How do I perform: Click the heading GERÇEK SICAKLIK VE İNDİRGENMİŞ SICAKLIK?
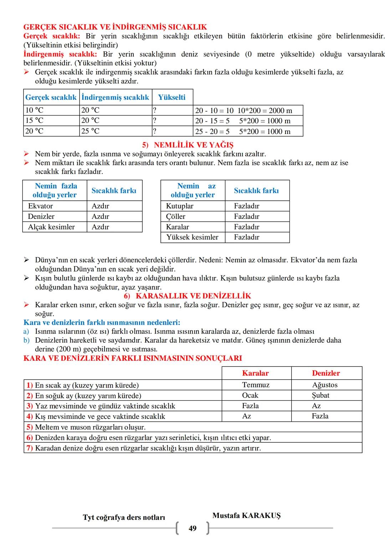pyautogui.click(x=115, y=27)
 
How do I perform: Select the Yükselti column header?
pyautogui.click(x=172, y=97)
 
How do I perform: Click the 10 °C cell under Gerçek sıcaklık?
pyautogui.click(x=34, y=110)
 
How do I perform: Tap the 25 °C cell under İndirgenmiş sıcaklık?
pyautogui.click(x=90, y=131)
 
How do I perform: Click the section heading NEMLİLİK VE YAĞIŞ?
pyautogui.click(x=188, y=145)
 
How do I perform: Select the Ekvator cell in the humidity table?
pyautogui.click(x=40, y=206)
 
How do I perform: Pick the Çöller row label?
pyautogui.click(x=175, y=216)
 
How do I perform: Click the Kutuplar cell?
pyautogui.click(x=180, y=206)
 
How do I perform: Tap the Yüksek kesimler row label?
pyautogui.click(x=192, y=237)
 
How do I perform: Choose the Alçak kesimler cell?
pyautogui.click(x=51, y=227)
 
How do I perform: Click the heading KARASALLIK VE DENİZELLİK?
pyautogui.click(x=188, y=296)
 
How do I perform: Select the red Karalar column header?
pyautogui.click(x=255, y=373)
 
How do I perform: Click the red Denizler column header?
pyautogui.click(x=326, y=373)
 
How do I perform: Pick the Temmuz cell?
pyautogui.click(x=256, y=385)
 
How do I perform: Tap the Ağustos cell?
pyautogui.click(x=325, y=385)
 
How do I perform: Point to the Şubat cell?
pyautogui.click(x=320, y=395)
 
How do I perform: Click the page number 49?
pyautogui.click(x=192, y=528)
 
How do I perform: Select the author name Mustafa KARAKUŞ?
pyautogui.click(x=246, y=515)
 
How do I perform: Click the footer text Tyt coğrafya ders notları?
pyautogui.click(x=124, y=517)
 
